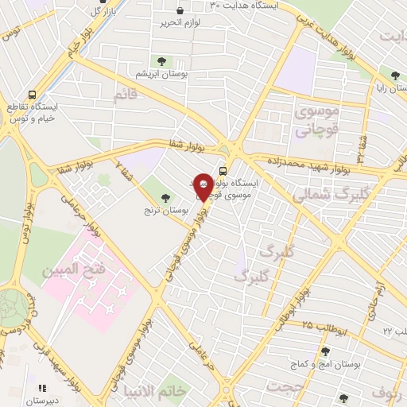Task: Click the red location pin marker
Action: (203, 185)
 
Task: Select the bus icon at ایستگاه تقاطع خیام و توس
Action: (33, 93)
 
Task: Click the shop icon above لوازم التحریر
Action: (180, 11)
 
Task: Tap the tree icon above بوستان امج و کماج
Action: (324, 351)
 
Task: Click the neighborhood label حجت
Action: (279, 387)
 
